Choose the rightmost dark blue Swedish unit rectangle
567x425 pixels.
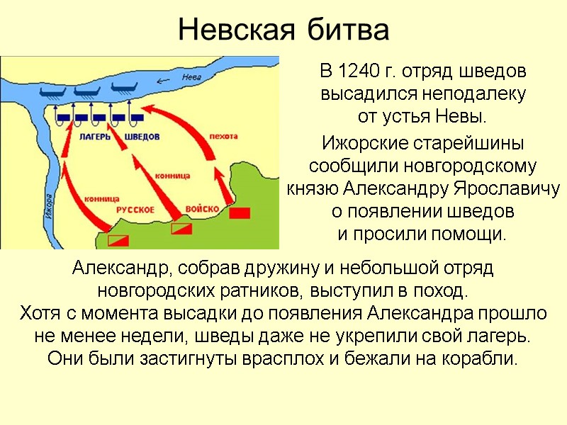137,118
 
